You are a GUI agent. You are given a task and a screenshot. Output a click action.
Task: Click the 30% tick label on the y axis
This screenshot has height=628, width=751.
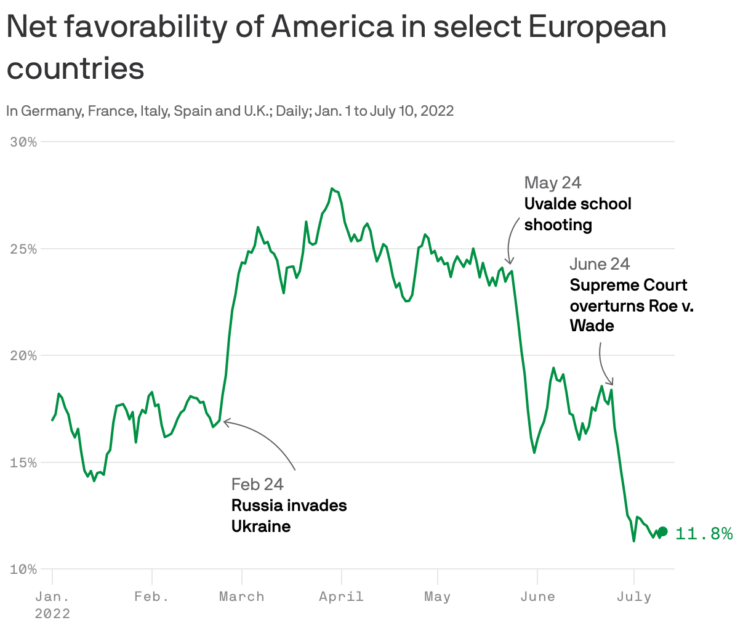[24, 142]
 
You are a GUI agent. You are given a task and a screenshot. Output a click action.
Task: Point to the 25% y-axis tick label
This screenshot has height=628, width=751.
[24, 249]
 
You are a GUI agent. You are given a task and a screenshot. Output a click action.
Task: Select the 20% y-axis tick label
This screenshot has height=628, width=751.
[24, 356]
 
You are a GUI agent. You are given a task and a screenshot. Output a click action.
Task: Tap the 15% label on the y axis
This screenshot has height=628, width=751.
[24, 462]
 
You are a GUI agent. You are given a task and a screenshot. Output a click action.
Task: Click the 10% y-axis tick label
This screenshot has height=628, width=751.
[24, 570]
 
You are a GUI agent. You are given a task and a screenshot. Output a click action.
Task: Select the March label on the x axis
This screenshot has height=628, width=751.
[242, 597]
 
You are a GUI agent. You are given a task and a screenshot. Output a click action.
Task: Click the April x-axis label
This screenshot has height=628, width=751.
[341, 597]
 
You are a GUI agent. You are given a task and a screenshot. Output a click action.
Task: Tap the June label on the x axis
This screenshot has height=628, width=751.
[537, 597]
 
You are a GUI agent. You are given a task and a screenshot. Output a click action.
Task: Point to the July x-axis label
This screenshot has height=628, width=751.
[634, 597]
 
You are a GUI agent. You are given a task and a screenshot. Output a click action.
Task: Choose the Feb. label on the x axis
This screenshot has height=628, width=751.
[151, 597]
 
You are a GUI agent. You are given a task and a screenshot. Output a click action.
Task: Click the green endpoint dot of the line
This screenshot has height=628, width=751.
[663, 531]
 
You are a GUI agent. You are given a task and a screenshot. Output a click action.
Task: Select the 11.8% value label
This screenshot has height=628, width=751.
[704, 533]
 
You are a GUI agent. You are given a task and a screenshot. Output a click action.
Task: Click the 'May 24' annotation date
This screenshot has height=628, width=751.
[553, 183]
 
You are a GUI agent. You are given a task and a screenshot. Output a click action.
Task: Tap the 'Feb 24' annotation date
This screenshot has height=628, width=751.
[257, 485]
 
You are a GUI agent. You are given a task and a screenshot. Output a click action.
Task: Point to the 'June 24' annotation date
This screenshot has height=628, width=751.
[600, 264]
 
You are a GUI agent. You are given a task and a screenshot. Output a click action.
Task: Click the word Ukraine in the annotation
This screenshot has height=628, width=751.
[261, 526]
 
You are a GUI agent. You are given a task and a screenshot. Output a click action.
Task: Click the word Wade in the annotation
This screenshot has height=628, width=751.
[592, 326]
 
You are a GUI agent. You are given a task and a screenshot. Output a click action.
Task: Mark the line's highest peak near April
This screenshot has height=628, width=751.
[332, 188]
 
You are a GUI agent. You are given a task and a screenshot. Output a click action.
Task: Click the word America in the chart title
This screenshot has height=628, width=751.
[332, 27]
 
